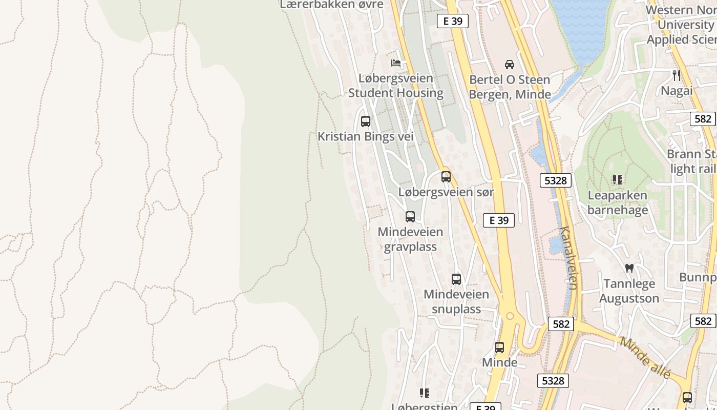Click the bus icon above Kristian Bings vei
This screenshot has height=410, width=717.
point(365,121)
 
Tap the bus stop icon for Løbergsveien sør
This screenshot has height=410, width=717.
point(446,177)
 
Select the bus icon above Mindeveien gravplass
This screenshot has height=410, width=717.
point(410,216)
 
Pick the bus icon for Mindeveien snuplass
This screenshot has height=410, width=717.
point(456,279)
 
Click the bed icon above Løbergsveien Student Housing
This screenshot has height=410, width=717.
point(396,63)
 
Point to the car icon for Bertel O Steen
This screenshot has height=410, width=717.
point(510,64)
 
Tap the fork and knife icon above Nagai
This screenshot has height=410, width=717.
point(677,75)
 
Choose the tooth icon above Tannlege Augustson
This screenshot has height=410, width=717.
point(629,268)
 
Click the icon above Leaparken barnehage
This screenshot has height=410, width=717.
point(618,180)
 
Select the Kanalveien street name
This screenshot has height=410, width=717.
point(569,258)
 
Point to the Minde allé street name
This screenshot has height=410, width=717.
point(645,357)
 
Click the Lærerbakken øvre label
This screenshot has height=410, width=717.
point(331,5)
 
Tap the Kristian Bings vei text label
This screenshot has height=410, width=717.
point(365,137)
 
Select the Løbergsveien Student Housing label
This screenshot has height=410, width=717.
point(395,86)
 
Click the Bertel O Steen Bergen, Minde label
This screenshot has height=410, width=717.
point(510,87)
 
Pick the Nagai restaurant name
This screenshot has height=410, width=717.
point(677,91)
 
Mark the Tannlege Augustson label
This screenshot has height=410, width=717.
point(629,291)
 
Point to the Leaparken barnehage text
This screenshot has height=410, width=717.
point(618,202)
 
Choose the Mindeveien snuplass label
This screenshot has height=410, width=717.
point(456,302)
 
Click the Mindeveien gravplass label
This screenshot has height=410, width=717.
point(410,239)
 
